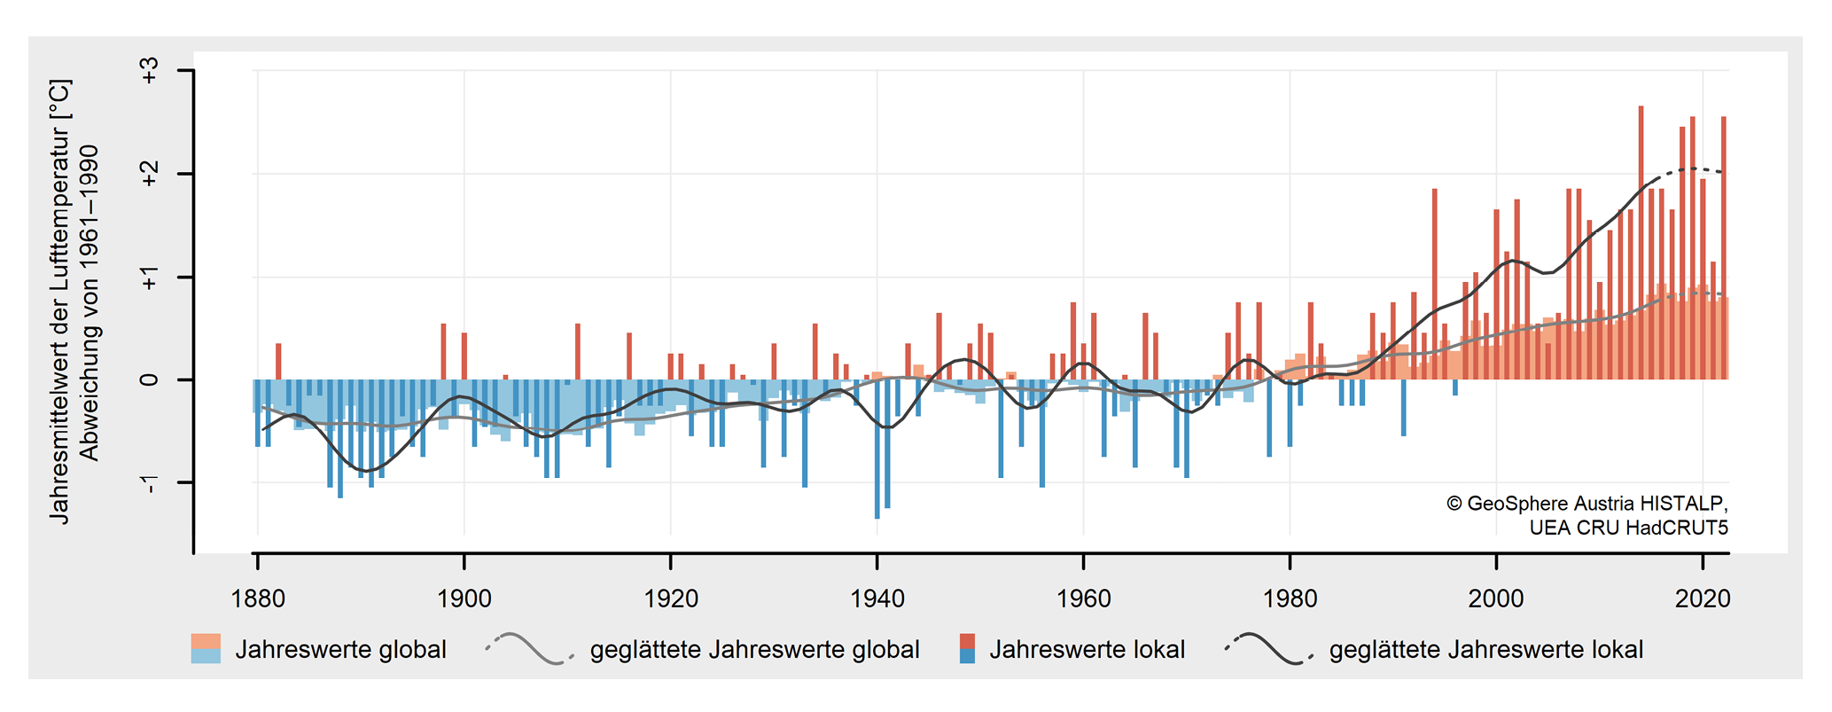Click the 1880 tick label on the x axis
tap(258, 599)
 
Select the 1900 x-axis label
tap(464, 599)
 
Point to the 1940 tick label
tap(877, 599)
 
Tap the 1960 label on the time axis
tap(1083, 599)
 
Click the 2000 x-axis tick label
tap(1496, 599)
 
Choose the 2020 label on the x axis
tap(1703, 599)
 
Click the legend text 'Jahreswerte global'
tap(340, 650)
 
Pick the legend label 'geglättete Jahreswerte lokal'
tap(1486, 650)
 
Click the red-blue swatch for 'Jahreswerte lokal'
tap(967, 649)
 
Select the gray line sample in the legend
tap(529, 649)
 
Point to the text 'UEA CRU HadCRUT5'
tap(1628, 528)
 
